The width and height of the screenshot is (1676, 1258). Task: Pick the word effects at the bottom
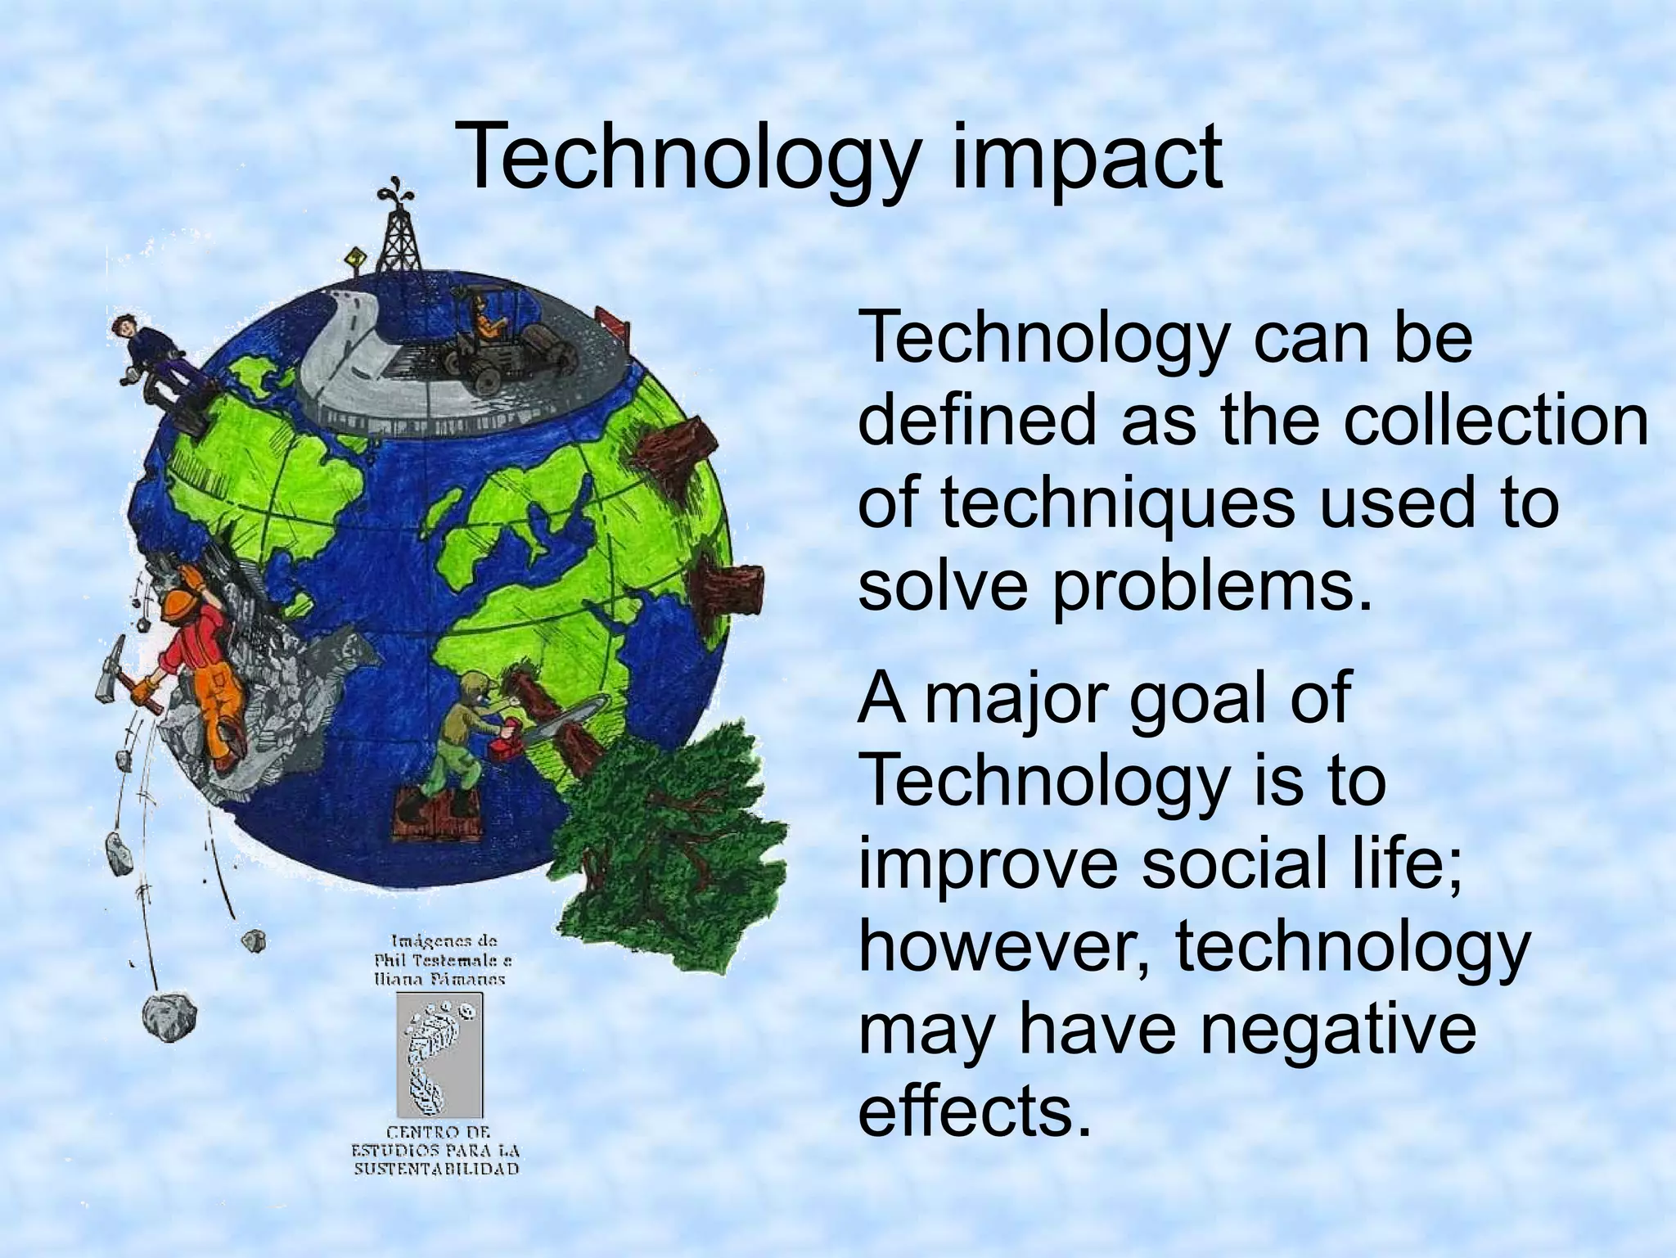(974, 1111)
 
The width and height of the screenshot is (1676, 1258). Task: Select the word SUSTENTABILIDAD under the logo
(436, 1168)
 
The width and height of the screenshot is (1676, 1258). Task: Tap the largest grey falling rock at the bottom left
(169, 1016)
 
